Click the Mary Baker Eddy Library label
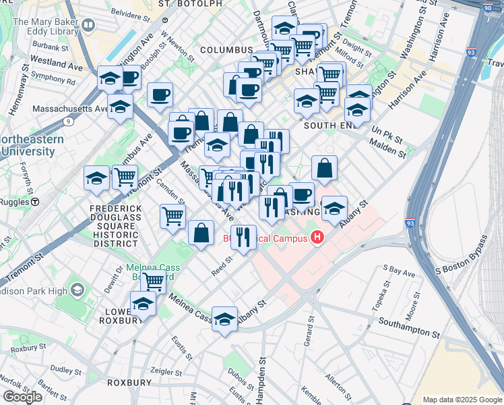[x=44, y=26]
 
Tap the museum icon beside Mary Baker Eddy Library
[x=88, y=27]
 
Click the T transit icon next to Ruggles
[x=35, y=201]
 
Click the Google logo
[x=22, y=396]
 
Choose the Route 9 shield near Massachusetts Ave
[x=68, y=122]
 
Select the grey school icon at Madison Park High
[x=77, y=290]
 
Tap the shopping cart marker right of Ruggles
[x=125, y=178]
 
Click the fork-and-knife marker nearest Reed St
[x=243, y=236]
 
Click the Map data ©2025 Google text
[x=462, y=400]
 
